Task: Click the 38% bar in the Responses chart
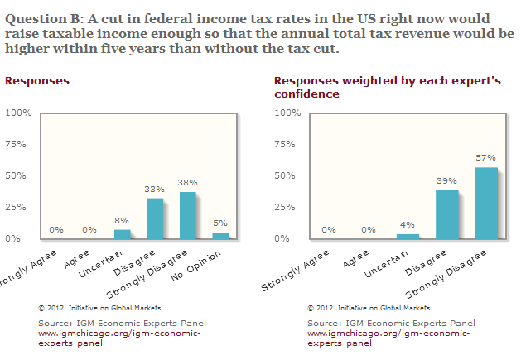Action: [187, 216]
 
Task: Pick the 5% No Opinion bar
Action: [219, 236]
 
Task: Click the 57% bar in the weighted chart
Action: [486, 204]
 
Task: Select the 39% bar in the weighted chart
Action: [447, 214]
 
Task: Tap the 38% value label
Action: [187, 181]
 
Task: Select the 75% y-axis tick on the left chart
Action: [19, 144]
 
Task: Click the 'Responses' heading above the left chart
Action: [37, 81]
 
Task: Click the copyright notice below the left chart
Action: [100, 308]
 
